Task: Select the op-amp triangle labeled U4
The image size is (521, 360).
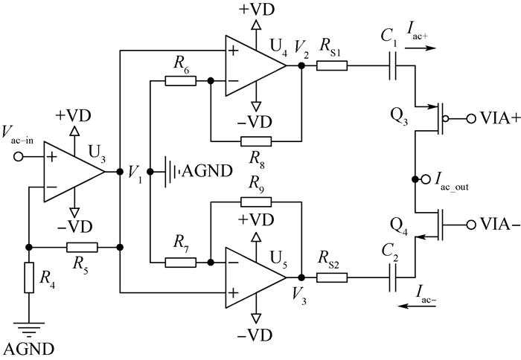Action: tap(252, 65)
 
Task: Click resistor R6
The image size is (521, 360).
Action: tap(180, 80)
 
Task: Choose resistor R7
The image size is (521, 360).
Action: tap(180, 262)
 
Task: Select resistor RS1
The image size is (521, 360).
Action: tap(331, 65)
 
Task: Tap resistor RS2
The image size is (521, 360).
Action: tap(331, 277)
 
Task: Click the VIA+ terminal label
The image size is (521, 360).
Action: tap(492, 118)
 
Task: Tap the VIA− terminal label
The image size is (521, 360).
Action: tap(492, 224)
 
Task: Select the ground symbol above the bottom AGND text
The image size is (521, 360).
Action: tap(28, 324)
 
